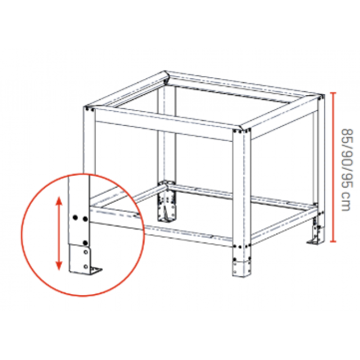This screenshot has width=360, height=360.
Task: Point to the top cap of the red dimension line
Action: click(333, 93)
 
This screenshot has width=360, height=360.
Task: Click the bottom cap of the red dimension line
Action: click(333, 241)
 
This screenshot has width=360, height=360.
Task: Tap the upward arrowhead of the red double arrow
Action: click(59, 201)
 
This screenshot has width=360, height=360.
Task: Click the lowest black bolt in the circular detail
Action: click(85, 243)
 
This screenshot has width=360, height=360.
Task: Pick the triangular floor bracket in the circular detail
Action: click(96, 270)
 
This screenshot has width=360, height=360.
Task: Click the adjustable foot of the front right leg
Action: click(242, 268)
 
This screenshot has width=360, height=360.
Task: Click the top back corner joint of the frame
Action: click(166, 77)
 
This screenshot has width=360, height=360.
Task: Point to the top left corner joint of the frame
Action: click(89, 108)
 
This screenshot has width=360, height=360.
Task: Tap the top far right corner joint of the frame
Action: click(321, 97)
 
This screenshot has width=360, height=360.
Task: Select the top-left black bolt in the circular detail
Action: click(75, 217)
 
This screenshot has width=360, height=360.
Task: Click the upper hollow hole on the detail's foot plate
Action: click(86, 252)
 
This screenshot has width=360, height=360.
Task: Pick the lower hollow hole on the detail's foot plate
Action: click(86, 266)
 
